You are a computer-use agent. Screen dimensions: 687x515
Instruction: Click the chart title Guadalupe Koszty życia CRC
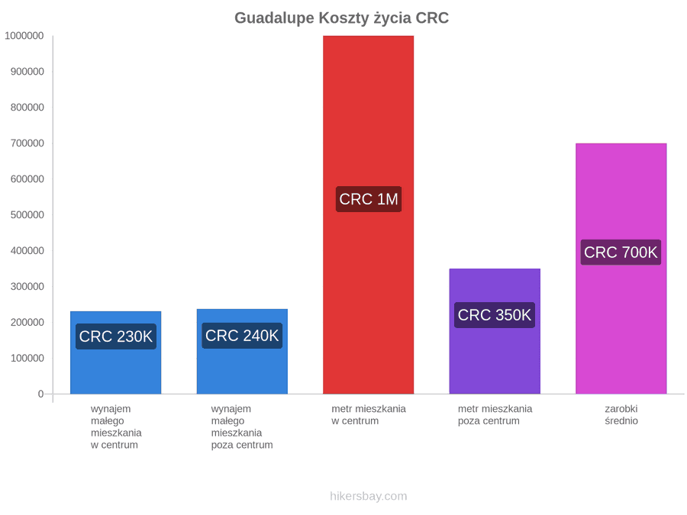click(x=342, y=18)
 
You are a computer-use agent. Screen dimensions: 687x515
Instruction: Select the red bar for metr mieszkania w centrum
click(x=369, y=214)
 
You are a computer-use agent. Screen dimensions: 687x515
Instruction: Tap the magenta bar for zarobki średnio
click(x=621, y=269)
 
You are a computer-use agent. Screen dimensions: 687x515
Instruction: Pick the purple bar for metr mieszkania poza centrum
click(x=495, y=331)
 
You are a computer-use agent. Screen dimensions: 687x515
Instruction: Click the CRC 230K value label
click(x=116, y=336)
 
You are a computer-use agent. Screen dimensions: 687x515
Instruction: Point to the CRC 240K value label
click(x=242, y=336)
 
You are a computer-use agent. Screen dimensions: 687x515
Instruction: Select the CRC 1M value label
click(x=369, y=199)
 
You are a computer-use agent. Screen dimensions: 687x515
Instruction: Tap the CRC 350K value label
click(x=495, y=315)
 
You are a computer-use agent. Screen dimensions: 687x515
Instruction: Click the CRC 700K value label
click(x=621, y=253)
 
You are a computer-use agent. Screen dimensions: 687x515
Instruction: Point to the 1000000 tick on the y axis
click(x=24, y=36)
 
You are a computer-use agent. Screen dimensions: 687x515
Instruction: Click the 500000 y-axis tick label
click(x=27, y=215)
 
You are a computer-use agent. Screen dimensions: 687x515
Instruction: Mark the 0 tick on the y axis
click(x=40, y=394)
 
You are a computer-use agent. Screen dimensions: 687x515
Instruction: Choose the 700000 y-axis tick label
click(x=27, y=143)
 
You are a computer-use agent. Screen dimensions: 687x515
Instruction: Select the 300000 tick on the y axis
click(x=27, y=286)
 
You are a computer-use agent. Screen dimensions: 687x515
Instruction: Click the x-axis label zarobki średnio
click(x=621, y=415)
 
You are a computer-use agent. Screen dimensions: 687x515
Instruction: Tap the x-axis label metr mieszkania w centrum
click(x=369, y=415)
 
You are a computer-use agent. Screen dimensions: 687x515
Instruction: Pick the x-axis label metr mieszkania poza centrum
click(x=495, y=415)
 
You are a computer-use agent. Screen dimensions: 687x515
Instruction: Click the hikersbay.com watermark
click(x=369, y=496)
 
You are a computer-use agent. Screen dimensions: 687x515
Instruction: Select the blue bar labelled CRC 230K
click(x=116, y=352)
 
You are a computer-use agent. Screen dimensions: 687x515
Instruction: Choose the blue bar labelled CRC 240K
click(x=242, y=352)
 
